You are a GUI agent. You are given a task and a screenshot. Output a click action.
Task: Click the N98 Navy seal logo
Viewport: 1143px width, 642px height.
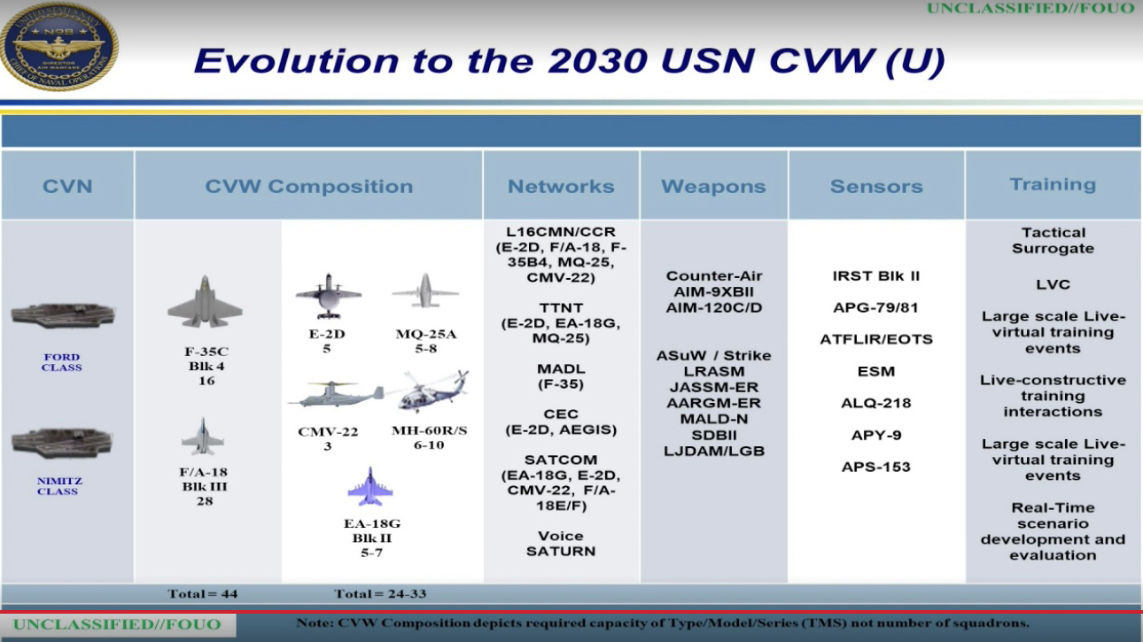(59, 45)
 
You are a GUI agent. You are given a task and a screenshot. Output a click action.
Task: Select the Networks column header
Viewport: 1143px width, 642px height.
(561, 186)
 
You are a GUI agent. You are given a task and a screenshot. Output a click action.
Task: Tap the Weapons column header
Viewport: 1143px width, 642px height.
(713, 186)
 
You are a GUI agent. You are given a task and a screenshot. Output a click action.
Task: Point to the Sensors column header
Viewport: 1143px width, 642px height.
(876, 186)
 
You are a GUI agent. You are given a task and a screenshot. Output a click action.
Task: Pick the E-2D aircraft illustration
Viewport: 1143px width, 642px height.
(328, 296)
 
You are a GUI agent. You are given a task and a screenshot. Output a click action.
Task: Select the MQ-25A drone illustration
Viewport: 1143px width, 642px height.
(425, 291)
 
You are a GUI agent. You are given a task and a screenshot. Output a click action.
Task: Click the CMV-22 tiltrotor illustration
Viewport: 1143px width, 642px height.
(335, 395)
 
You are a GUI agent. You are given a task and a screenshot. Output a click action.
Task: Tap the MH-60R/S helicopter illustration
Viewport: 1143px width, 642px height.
(432, 391)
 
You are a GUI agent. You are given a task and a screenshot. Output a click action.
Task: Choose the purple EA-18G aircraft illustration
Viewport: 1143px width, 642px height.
(370, 487)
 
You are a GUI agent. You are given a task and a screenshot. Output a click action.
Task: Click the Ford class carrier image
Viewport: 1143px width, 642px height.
(63, 315)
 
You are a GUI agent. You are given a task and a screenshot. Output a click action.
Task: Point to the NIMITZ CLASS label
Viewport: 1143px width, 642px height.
(59, 486)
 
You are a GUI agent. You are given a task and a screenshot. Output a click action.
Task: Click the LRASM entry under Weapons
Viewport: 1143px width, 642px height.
(714, 371)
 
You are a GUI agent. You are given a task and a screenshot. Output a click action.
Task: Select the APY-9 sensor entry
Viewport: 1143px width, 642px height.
(876, 435)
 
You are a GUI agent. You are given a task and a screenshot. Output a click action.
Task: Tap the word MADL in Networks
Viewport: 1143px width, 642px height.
(560, 368)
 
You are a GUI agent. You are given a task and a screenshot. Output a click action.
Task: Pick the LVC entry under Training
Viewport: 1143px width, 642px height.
(1053, 284)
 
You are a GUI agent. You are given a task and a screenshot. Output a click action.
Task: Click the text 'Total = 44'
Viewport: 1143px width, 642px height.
(203, 593)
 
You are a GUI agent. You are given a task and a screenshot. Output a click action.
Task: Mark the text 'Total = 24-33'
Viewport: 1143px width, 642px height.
(380, 593)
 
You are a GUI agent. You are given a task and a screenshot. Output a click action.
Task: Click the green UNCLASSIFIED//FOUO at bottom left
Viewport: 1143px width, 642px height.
(117, 624)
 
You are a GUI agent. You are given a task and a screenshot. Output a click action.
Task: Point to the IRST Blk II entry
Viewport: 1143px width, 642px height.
(876, 276)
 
